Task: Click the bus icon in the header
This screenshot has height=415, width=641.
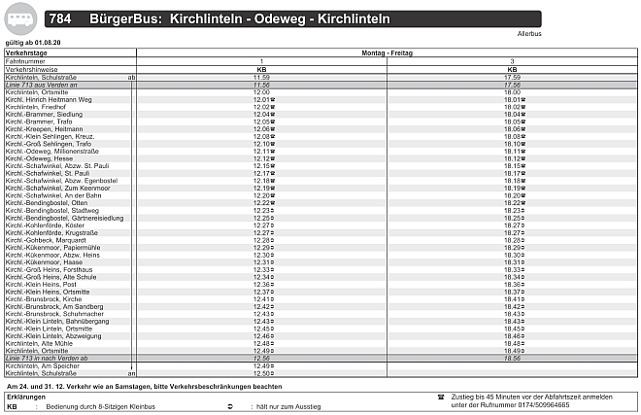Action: point(19,17)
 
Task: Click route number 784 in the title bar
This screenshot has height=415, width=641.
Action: point(60,18)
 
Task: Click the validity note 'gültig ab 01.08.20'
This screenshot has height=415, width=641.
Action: point(32,43)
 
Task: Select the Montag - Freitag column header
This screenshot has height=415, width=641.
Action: point(387,52)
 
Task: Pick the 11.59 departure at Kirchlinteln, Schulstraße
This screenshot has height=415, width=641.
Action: point(260,77)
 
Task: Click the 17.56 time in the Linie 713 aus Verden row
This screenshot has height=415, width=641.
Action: point(512,85)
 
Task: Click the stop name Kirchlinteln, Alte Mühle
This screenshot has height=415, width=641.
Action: point(39,343)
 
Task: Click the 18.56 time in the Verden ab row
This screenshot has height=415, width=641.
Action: point(512,358)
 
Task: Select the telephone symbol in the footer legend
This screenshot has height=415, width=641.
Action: point(440,397)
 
